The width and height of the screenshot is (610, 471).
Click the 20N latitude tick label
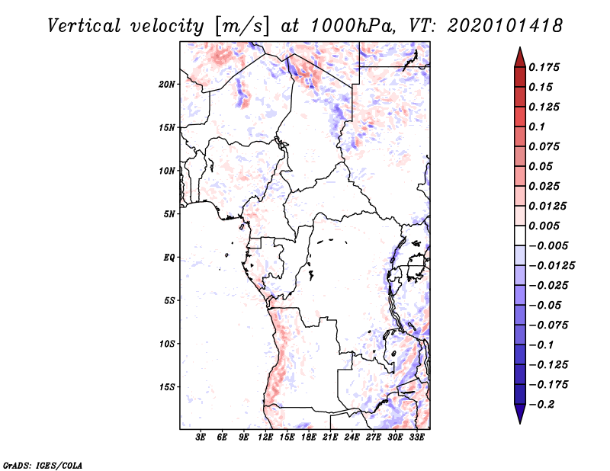(167, 84)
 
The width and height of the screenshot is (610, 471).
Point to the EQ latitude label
(169, 258)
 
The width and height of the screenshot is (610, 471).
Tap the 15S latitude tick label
(167, 387)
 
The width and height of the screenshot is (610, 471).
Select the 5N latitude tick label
(169, 214)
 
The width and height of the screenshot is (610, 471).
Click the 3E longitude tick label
(201, 438)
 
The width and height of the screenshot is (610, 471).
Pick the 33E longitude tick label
(416, 438)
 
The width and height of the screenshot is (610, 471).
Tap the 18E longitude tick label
(309, 438)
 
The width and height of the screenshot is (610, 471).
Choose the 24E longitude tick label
(352, 438)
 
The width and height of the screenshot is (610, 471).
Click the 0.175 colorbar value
(546, 67)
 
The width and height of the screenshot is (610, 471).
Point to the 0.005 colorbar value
(546, 226)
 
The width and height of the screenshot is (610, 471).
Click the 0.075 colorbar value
(546, 146)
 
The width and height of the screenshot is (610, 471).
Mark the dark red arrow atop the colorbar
(519, 56)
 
